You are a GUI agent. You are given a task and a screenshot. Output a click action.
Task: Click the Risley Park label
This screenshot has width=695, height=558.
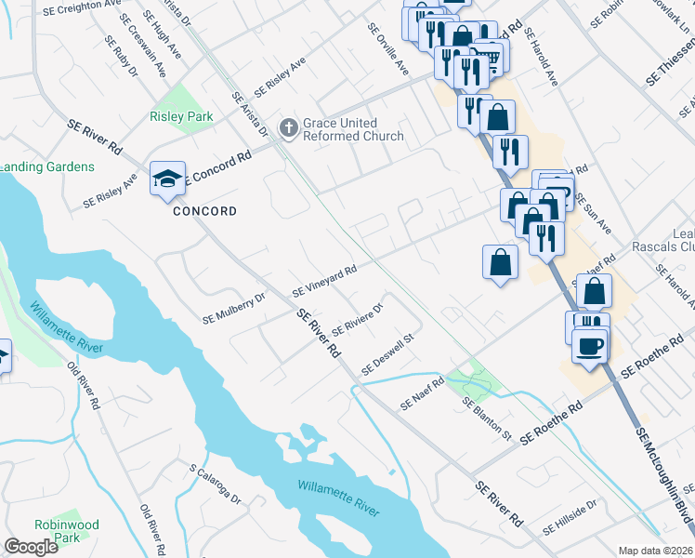pos(181,116)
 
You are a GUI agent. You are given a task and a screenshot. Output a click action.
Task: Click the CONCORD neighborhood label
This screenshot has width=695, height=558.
pos(204,211)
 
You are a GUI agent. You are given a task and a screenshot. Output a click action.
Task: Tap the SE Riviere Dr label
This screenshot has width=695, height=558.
pos(358,318)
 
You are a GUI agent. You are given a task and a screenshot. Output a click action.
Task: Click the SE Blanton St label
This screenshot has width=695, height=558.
pos(487,418)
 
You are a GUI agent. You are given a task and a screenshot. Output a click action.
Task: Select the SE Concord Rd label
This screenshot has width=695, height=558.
pos(219,166)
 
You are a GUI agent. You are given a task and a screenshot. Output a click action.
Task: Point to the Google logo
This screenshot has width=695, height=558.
pos(31,547)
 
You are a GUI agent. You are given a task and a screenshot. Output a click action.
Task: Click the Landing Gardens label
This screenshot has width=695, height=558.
pos(46,166)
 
